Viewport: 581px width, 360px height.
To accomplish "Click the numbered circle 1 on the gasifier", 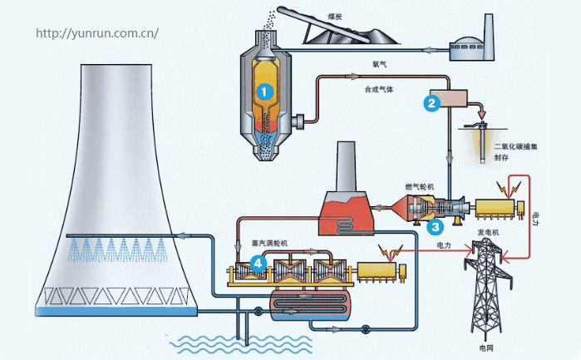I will [263, 91].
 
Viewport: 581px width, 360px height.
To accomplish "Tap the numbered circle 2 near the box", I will [431, 103].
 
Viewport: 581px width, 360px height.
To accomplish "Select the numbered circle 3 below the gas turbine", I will [435, 225].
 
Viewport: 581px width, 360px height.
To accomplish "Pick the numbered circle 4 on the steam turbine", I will [258, 264].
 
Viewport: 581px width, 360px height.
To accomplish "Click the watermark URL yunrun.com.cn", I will [98, 34].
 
